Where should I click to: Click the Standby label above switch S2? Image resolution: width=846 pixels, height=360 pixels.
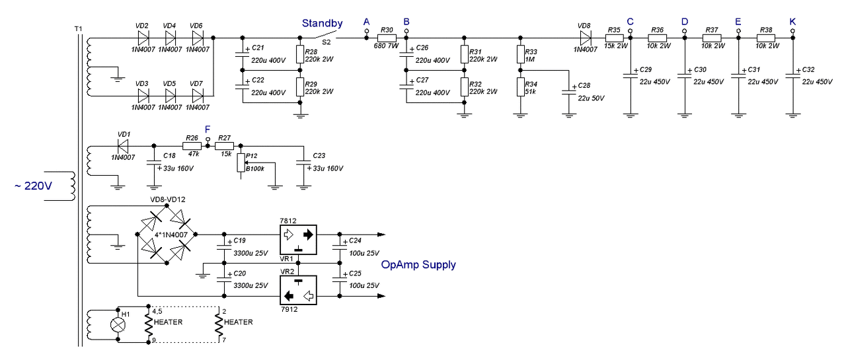[x=322, y=24]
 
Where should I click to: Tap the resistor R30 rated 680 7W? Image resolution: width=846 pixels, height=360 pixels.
[x=387, y=38]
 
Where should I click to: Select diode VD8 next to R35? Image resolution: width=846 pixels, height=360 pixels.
[x=584, y=38]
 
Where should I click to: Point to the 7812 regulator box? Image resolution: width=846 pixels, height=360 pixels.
[x=298, y=235]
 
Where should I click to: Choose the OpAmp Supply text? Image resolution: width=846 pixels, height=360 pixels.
[x=418, y=265]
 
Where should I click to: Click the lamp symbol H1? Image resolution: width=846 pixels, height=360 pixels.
[x=118, y=326]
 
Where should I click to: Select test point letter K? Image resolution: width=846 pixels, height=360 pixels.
[x=792, y=22]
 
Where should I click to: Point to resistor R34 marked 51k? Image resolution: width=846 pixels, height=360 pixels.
[x=521, y=87]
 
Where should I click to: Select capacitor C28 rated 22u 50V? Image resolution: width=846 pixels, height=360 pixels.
[x=568, y=91]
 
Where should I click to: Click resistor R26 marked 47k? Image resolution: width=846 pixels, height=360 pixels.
[x=191, y=145]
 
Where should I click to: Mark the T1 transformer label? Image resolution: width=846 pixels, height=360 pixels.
[x=80, y=30]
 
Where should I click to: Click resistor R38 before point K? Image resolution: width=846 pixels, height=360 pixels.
[x=765, y=38]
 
